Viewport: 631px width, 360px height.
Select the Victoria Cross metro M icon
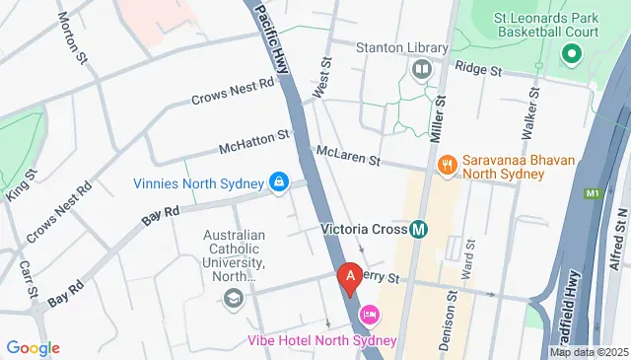click(419, 230)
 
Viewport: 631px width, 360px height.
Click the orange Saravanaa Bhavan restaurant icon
click(447, 164)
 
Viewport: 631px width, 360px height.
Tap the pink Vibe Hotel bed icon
click(370, 316)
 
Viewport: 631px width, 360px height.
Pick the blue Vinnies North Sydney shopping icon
click(279, 182)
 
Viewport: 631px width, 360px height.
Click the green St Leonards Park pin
click(570, 55)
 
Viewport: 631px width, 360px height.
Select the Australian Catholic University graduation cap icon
click(234, 298)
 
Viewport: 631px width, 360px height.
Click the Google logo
click(33, 347)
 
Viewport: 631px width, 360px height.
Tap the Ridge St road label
click(480, 71)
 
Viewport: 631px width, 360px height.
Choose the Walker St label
click(532, 111)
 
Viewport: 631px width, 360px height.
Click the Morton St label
click(74, 38)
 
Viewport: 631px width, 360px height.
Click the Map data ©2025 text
click(589, 352)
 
